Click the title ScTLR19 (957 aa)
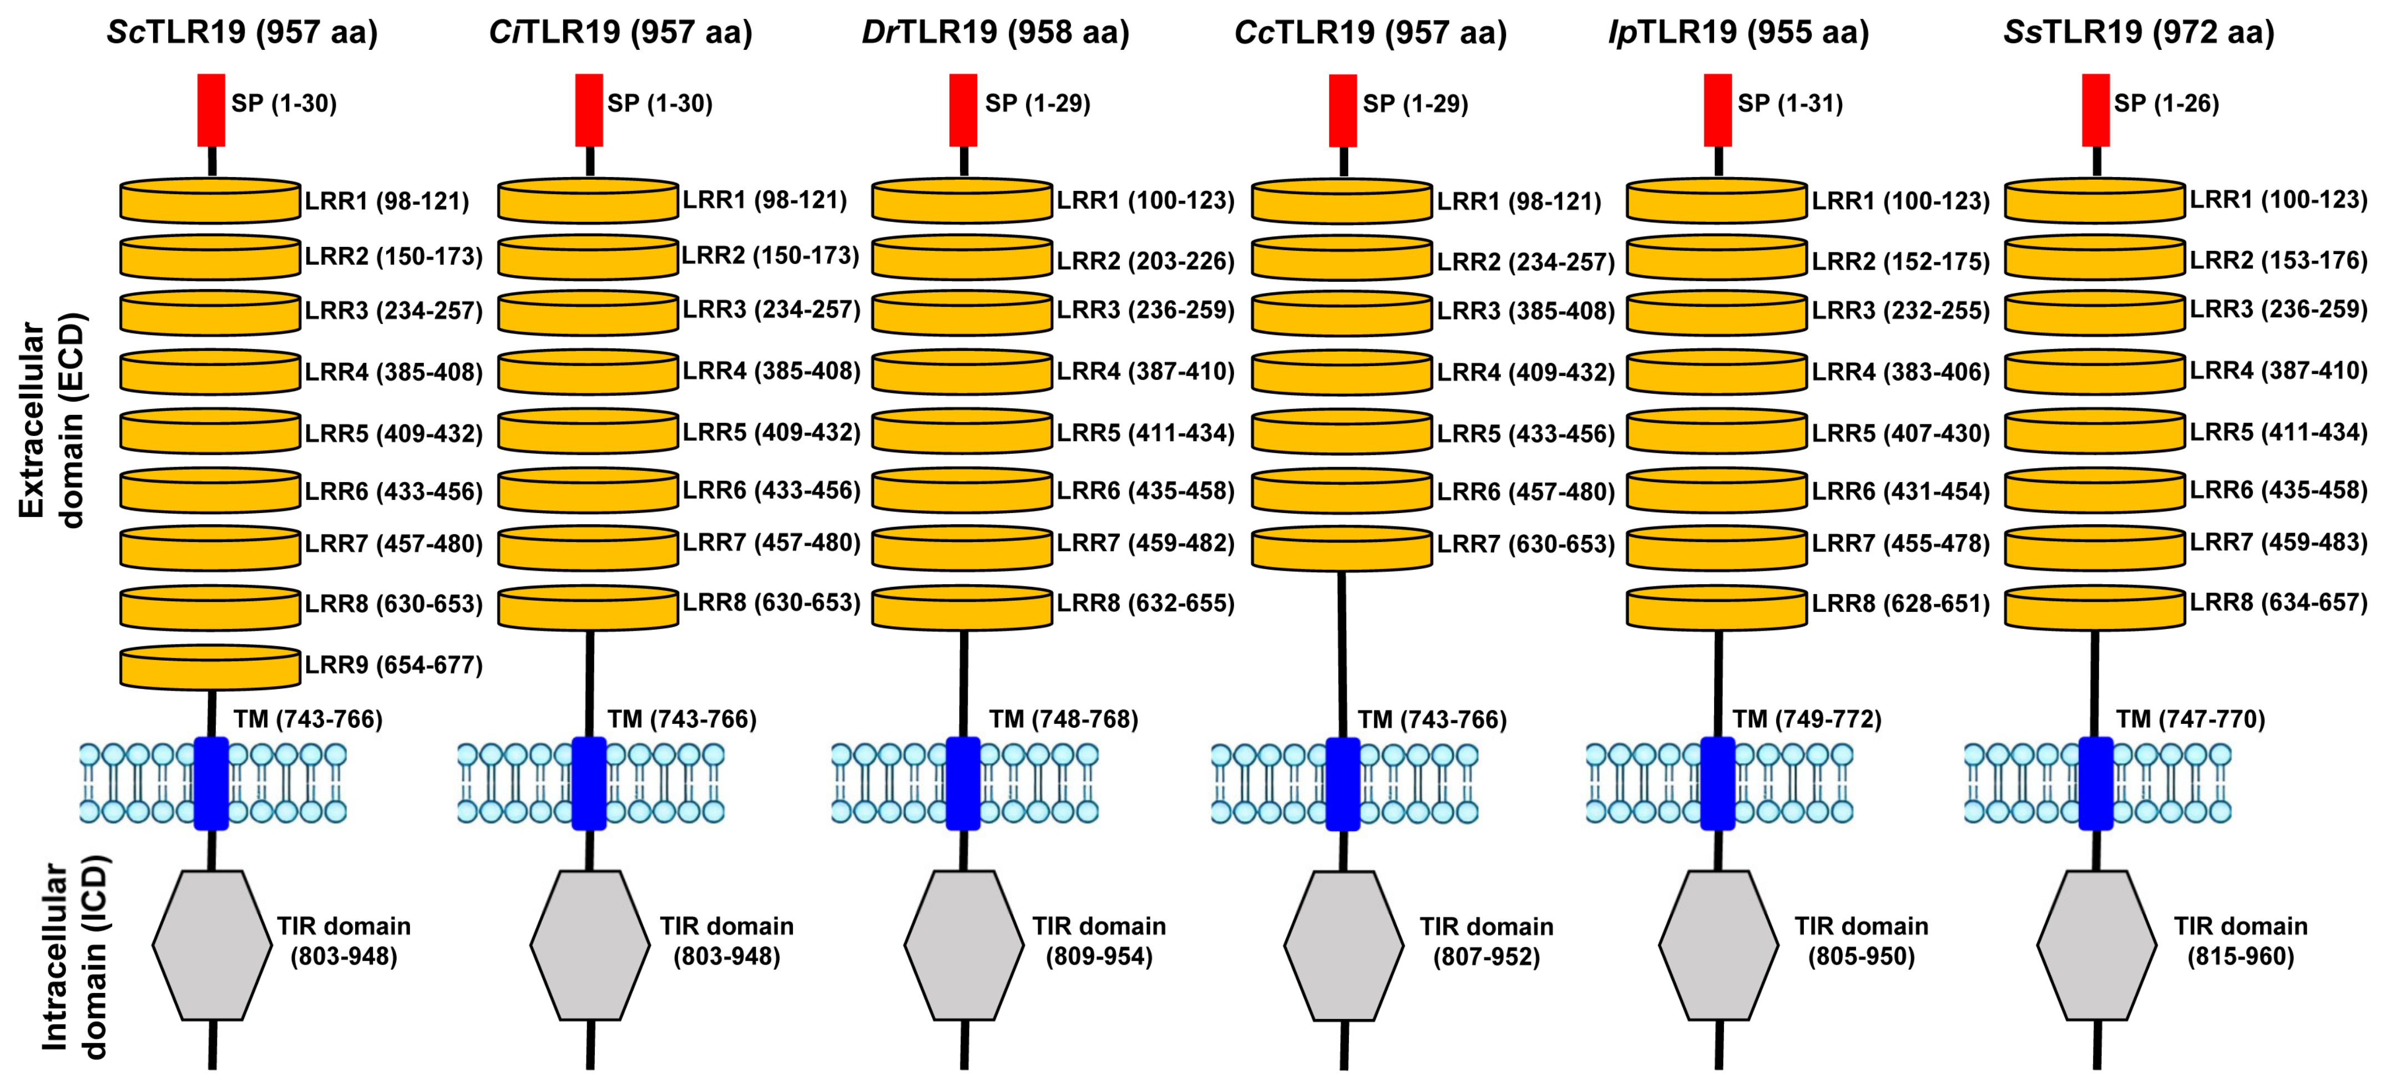[242, 32]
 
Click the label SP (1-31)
[1789, 103]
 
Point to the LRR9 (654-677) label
[393, 665]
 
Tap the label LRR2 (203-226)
[1146, 261]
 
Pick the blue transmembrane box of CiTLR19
[589, 783]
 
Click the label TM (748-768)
[1063, 719]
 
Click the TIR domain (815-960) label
[2241, 941]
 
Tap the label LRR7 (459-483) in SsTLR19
[2278, 542]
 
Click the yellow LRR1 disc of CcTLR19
[1342, 202]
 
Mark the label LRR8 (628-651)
[1900, 604]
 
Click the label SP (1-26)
[2166, 103]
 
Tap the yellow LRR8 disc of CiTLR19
[588, 607]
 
